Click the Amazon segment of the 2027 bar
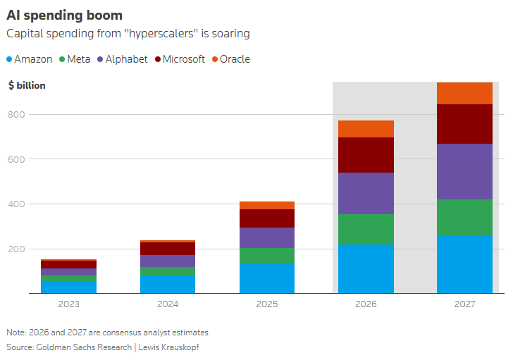point(464,264)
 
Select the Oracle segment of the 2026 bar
point(366,129)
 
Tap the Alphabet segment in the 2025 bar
point(267,237)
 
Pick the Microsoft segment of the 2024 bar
point(168,249)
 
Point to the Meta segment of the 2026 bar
point(366,229)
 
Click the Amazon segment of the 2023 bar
point(69,287)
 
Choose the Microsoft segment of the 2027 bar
point(464,124)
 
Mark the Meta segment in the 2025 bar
point(267,256)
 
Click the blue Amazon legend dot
point(9,59)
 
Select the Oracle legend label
point(235,59)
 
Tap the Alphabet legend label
point(126,59)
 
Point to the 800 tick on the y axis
point(16,114)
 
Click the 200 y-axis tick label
point(16,249)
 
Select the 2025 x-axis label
point(267,304)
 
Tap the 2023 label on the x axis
point(69,304)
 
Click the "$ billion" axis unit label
point(27,85)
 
